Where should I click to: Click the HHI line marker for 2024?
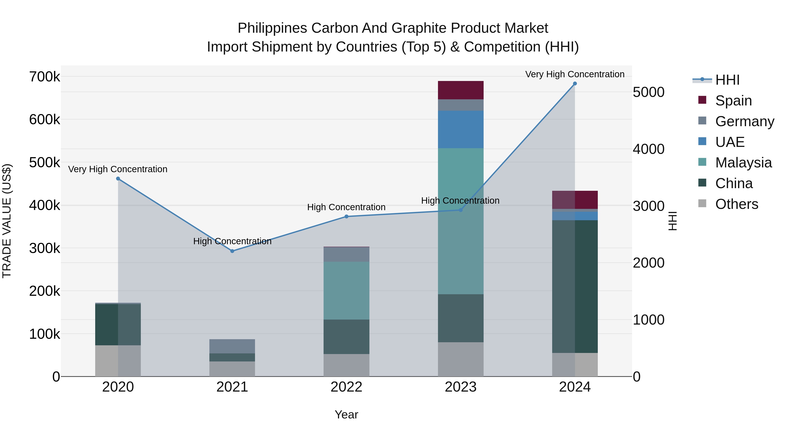[x=575, y=84]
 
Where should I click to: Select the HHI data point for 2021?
[x=232, y=251]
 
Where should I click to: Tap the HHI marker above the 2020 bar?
[x=118, y=179]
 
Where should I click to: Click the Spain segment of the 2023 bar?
[x=461, y=90]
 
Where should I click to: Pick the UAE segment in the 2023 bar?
[x=461, y=129]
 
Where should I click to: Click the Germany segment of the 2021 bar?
[x=232, y=346]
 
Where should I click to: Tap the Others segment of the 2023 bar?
[x=461, y=359]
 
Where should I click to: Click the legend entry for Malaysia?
[x=743, y=163]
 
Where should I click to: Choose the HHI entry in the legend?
[x=727, y=80]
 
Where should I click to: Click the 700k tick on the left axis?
[x=45, y=77]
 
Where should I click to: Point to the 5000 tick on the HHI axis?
[x=648, y=92]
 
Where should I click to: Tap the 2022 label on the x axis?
[x=346, y=387]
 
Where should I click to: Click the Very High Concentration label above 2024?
[x=575, y=74]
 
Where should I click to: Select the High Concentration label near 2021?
[x=232, y=241]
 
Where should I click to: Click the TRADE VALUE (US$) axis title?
[x=7, y=221]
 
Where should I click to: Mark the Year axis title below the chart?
[x=346, y=414]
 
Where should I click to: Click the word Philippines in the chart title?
[x=272, y=28]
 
